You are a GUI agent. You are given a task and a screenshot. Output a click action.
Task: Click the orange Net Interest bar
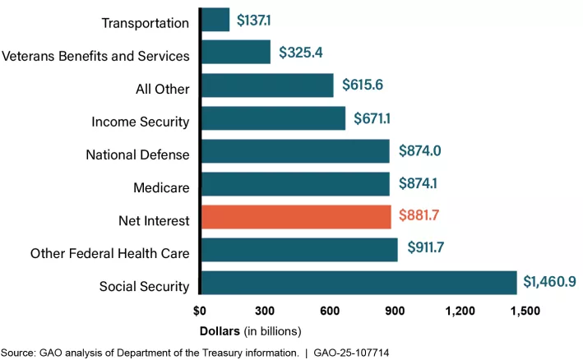pos(296,217)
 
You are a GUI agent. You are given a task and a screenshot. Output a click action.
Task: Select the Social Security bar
pos(359,283)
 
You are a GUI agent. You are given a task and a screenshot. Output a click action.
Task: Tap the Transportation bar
pos(215,20)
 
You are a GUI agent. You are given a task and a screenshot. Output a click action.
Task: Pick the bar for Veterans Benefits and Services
pos(236,53)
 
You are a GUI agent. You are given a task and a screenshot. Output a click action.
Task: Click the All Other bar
pos(267,85)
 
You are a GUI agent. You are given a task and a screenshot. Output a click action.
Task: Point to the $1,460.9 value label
pos(549,283)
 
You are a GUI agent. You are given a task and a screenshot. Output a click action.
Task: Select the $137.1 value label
pos(257,20)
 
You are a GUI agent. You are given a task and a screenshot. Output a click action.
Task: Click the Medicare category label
pos(161,188)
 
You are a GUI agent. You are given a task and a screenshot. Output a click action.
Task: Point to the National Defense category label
pos(138,155)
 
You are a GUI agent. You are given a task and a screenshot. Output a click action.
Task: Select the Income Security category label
pos(141,122)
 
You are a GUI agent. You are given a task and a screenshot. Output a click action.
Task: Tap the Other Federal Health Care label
pos(109,254)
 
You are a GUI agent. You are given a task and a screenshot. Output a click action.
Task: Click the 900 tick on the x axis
pos(395,312)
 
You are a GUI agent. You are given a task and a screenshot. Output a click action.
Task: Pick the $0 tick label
pos(200,312)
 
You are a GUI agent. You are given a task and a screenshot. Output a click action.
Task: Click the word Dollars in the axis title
pos(221,331)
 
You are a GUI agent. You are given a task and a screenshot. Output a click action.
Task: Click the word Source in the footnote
pos(16,353)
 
